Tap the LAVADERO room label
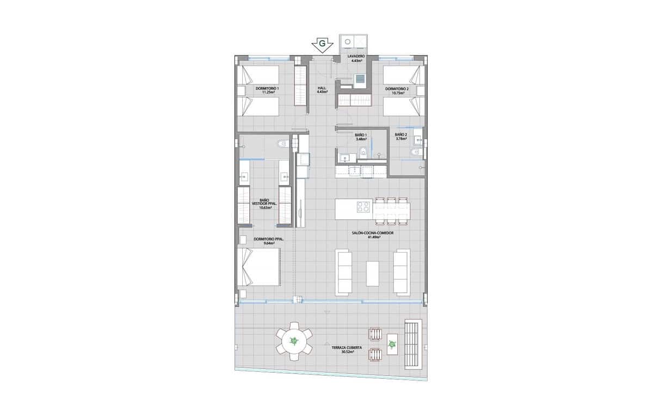357,56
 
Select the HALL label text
322,88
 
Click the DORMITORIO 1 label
267,88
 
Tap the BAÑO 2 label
401,134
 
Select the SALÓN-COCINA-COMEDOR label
373,232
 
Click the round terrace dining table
294,341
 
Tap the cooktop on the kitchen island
363,207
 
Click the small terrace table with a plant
392,344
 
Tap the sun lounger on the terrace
412,343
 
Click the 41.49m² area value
373,237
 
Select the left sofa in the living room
343,272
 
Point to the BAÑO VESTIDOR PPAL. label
265,204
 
